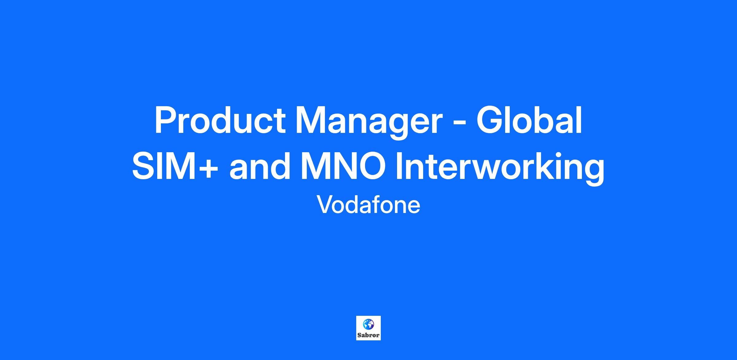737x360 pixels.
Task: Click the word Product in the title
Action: (x=220, y=120)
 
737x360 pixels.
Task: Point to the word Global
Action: (x=529, y=120)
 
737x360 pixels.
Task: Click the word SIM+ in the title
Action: (x=175, y=165)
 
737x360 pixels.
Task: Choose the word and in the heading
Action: (x=260, y=165)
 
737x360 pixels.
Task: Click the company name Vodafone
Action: (x=368, y=205)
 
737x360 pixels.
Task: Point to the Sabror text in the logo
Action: (x=368, y=335)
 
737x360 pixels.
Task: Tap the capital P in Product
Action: (x=166, y=120)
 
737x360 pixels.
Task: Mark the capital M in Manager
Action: (x=310, y=120)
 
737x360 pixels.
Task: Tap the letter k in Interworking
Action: (x=543, y=165)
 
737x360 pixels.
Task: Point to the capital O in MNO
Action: (x=371, y=165)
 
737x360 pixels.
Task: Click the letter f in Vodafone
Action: (x=375, y=204)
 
